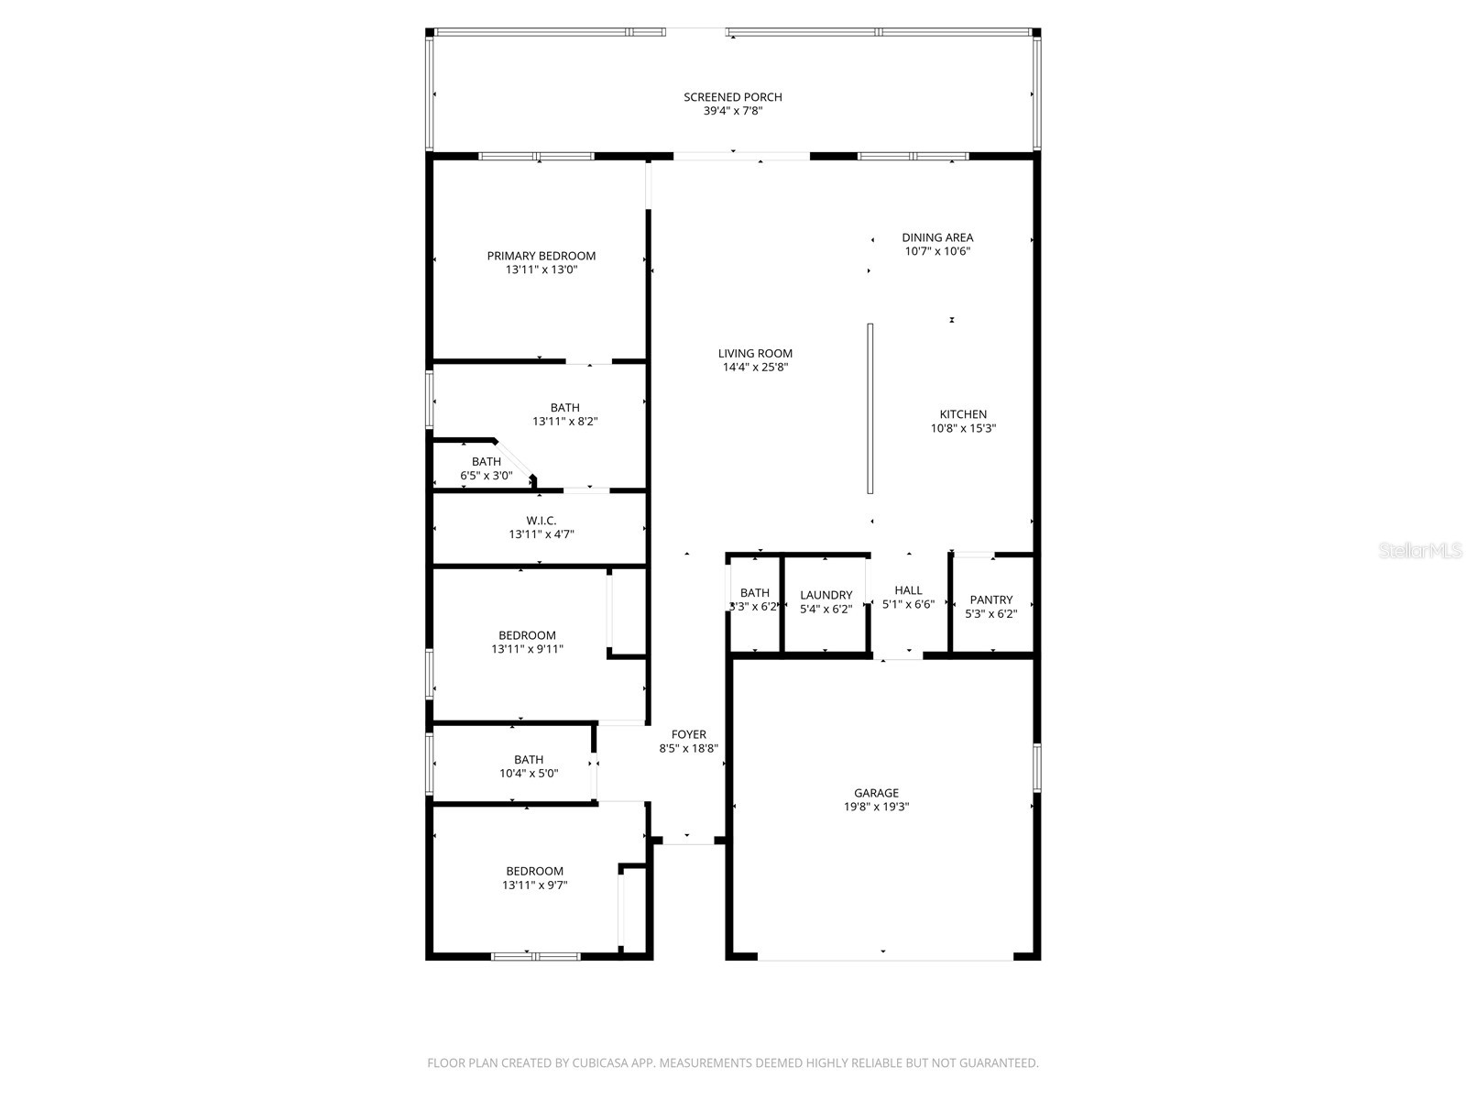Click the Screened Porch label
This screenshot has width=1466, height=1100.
click(732, 97)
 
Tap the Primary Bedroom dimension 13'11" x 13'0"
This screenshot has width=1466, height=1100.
click(541, 270)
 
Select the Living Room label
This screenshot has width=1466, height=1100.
click(755, 353)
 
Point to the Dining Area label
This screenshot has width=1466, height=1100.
click(936, 237)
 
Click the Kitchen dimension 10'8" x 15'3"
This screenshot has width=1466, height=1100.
click(963, 428)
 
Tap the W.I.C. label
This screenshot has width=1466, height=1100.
click(541, 520)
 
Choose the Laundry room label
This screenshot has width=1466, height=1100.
click(826, 595)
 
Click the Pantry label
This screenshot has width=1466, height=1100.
click(990, 599)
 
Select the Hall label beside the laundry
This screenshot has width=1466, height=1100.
click(908, 590)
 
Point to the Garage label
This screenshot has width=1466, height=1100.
click(876, 793)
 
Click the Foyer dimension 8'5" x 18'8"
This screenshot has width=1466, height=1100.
click(688, 749)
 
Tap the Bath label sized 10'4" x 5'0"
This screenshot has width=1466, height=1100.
click(528, 759)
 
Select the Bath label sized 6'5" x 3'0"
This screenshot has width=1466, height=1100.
click(486, 461)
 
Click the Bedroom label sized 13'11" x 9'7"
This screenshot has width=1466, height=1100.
click(534, 871)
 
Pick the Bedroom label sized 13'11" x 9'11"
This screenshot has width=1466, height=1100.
click(527, 635)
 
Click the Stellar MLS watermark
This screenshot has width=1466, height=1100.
click(1421, 551)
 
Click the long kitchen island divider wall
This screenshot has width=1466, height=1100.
click(870, 409)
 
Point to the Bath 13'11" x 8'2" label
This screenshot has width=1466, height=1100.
click(564, 408)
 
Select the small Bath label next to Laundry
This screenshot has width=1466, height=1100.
click(754, 592)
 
